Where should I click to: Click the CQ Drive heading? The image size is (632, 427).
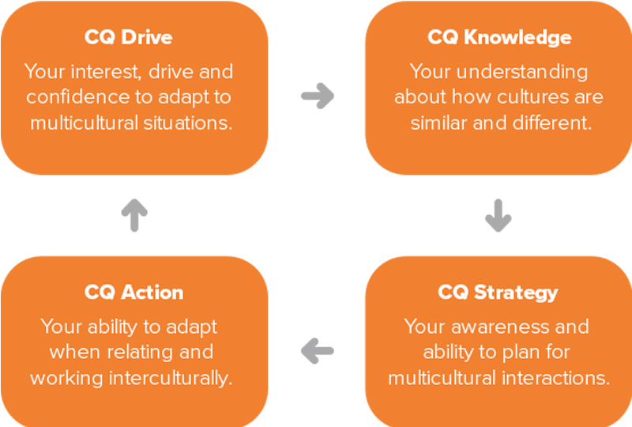(x=129, y=37)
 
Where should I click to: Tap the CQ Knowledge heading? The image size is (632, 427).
(x=499, y=37)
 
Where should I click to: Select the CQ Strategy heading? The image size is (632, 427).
(x=498, y=293)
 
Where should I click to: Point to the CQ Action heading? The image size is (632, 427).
(x=134, y=293)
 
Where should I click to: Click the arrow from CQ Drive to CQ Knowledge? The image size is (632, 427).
(x=318, y=96)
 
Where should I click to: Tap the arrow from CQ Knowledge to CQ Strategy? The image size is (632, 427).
(x=498, y=216)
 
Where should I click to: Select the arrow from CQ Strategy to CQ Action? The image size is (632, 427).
(x=318, y=351)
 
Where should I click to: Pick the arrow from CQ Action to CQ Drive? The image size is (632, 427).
(x=134, y=215)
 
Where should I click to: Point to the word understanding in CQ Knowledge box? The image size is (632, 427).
(x=522, y=72)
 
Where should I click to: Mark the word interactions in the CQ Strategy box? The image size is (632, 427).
(x=556, y=378)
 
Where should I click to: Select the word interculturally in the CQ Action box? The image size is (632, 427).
(x=171, y=379)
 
